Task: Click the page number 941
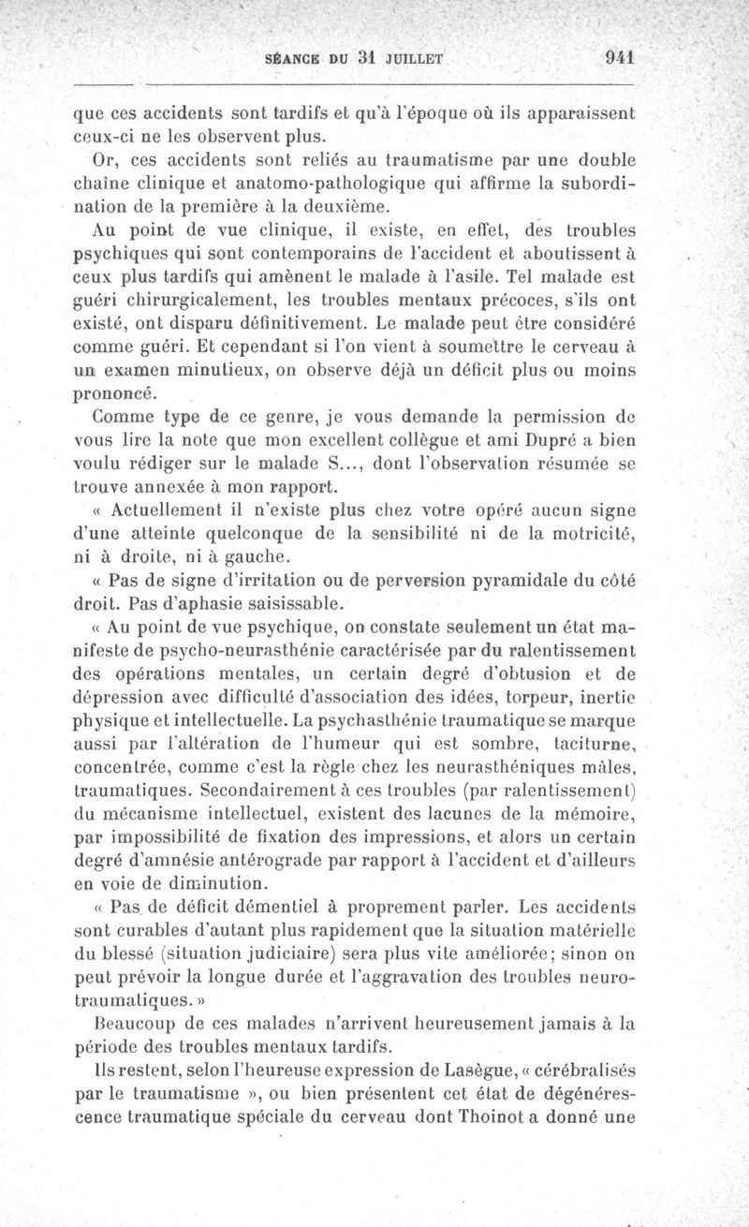(621, 57)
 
